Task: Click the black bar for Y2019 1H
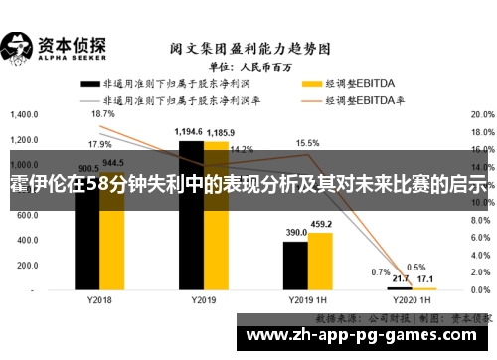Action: [295, 264]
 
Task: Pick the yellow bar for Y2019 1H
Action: [320, 259]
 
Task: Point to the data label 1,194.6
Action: [189, 132]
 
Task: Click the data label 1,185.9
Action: [222, 132]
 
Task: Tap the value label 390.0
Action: [296, 233]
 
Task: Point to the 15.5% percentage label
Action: [307, 143]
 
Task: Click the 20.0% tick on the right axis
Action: [480, 114]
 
